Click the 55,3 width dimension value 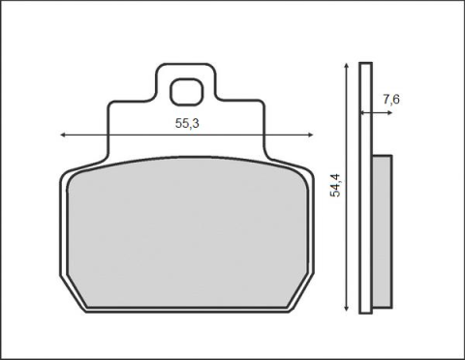[188, 124]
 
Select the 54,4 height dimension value [334, 181]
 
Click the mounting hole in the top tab [184, 93]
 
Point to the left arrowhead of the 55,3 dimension [64, 135]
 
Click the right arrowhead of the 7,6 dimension [387, 113]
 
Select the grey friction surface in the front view [184, 232]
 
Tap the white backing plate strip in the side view [365, 194]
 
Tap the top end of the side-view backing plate [365, 65]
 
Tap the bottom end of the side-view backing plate [365, 311]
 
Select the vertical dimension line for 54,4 [346, 242]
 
